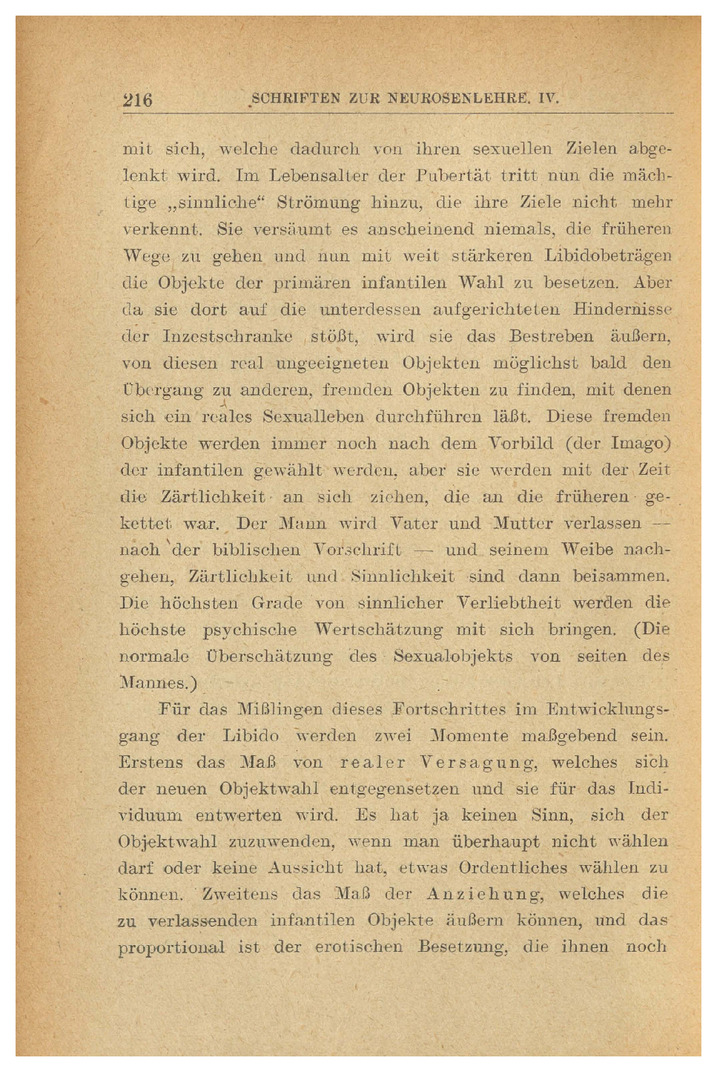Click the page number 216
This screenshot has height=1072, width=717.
(x=137, y=99)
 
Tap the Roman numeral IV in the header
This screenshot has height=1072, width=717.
(x=548, y=99)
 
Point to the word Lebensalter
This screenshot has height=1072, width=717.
(x=318, y=177)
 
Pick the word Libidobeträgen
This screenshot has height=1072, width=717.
(x=607, y=256)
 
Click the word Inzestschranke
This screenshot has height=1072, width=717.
(x=227, y=336)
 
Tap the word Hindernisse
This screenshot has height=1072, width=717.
(x=622, y=309)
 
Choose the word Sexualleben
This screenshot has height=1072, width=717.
(x=313, y=416)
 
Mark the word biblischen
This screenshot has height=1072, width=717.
(x=256, y=550)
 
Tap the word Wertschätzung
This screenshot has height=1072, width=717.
(x=378, y=630)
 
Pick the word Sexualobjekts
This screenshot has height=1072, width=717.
(x=452, y=657)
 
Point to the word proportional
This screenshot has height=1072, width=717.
(x=171, y=947)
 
